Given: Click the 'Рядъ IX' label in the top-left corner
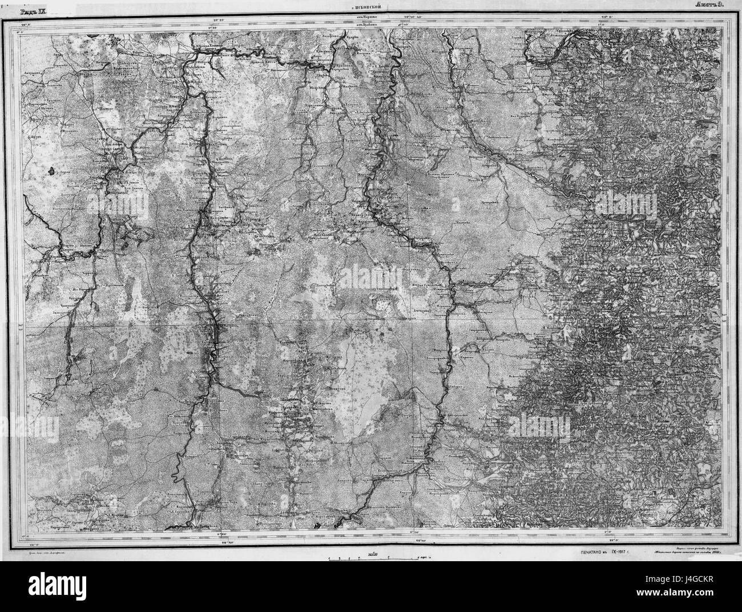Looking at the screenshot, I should tap(34, 11).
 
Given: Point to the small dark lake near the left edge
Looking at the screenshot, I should tap(53, 170).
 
